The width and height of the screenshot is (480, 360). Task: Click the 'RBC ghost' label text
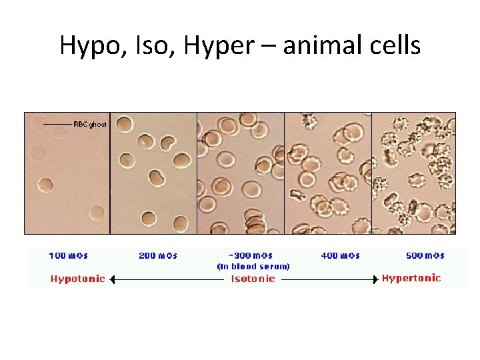90,125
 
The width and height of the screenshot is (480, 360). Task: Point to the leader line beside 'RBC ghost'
57,125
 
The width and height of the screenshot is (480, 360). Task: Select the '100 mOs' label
69,255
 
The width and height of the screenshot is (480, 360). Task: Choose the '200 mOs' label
158,255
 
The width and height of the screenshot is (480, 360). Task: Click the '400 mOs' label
341,255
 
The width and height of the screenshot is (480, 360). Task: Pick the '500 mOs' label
425,255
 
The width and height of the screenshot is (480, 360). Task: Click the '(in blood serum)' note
253,266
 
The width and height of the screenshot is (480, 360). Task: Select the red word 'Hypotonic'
78,279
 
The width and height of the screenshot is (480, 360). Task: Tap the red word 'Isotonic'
253,279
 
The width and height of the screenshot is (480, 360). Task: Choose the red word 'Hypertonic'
411,278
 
